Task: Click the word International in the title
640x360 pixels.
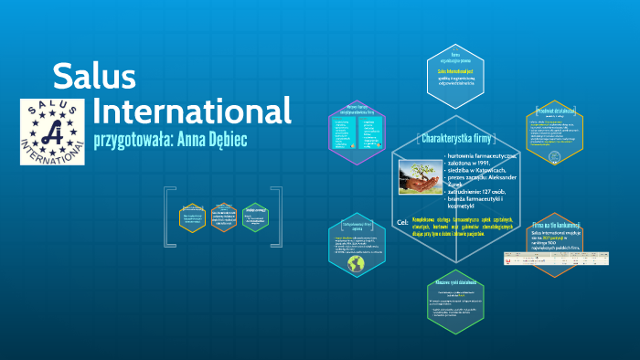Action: click(192, 111)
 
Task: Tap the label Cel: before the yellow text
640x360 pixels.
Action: click(403, 222)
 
